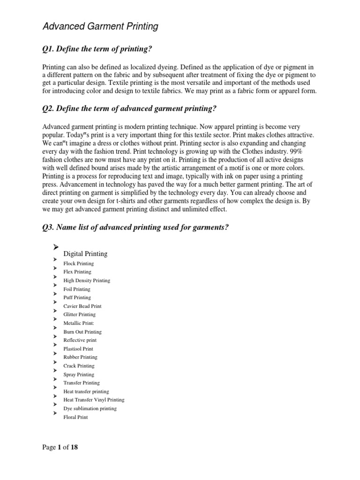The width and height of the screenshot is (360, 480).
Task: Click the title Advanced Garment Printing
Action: [100, 27]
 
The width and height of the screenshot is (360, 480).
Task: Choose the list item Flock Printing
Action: [79, 263]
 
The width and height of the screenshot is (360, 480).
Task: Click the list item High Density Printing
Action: [87, 280]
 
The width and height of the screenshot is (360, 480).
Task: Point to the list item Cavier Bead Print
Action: [82, 306]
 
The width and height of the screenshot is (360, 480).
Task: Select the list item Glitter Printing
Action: [80, 315]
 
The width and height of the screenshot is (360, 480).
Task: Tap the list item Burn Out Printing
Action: [82, 332]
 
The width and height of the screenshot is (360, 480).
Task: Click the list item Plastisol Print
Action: [78, 349]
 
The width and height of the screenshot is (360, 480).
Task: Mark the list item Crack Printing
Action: [79, 366]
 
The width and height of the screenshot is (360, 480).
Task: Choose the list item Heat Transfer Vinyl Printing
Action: [94, 400]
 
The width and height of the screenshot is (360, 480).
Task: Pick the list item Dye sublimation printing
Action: [90, 408]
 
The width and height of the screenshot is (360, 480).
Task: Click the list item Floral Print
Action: [75, 417]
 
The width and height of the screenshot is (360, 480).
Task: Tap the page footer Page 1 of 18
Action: [60, 447]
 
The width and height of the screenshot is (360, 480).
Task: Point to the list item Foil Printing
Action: [77, 289]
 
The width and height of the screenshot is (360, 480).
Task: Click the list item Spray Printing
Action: [79, 375]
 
